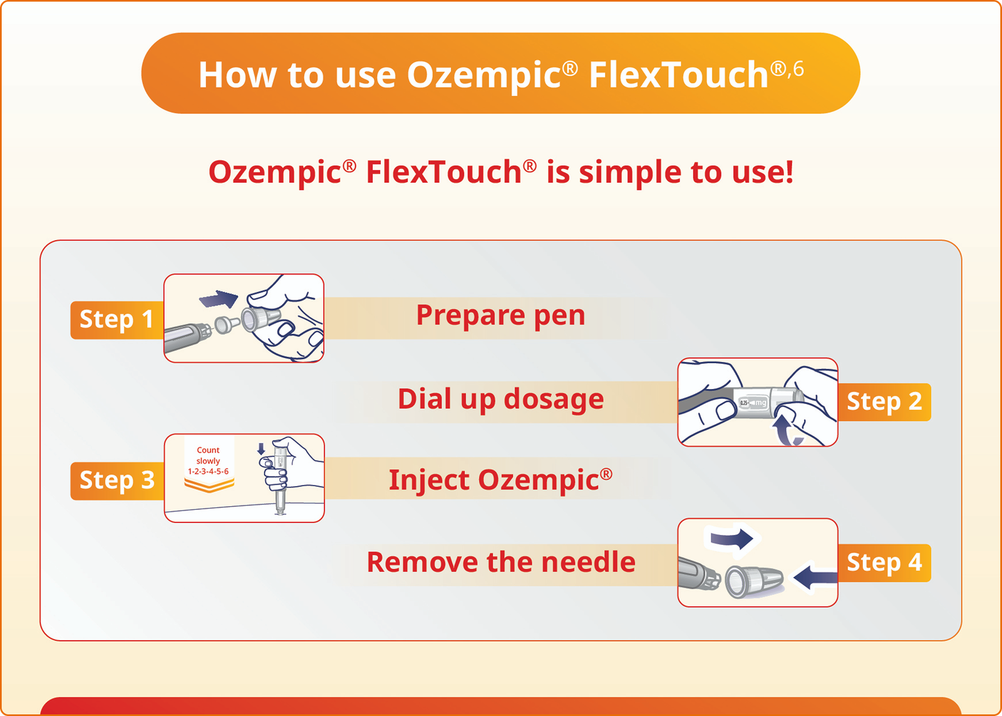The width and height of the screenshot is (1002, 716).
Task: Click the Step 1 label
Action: (116, 319)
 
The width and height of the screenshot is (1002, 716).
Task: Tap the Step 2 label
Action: (884, 402)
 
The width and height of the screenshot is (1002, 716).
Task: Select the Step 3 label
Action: (116, 480)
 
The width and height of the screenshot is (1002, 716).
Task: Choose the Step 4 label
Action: (884, 563)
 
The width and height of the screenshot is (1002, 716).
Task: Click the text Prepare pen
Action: (500, 316)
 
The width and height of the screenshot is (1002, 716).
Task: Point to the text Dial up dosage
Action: (500, 400)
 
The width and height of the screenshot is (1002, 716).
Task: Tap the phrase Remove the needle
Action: (500, 562)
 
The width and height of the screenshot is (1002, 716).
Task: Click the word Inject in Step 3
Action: (429, 481)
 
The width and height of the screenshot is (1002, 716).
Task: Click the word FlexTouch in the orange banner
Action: (678, 75)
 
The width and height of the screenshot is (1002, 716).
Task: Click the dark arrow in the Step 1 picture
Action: (219, 299)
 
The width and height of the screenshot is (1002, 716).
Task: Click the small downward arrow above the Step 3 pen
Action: (261, 449)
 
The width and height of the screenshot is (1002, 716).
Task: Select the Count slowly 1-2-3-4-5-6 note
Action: (209, 460)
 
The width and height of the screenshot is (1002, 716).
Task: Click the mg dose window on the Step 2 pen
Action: (753, 403)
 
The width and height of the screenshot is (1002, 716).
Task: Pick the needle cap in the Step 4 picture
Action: (754, 581)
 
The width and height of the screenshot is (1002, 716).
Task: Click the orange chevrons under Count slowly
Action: (209, 484)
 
